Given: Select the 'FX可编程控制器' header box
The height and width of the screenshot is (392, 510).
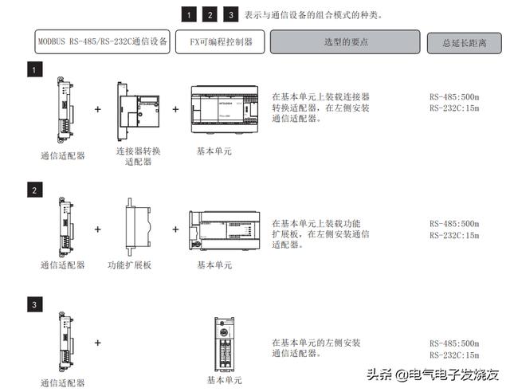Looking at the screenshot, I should pos(222,41).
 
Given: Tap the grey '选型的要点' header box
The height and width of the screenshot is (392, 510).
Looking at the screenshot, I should pos(344,41).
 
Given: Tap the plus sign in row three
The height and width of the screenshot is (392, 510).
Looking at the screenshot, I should pos(98,343).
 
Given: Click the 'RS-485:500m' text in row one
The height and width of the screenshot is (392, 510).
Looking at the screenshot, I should pos(454,96).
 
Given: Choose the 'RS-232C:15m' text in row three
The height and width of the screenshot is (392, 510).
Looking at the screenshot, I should pos(454,355).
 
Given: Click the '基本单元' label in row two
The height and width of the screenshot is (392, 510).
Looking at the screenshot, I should pos(214,265).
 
